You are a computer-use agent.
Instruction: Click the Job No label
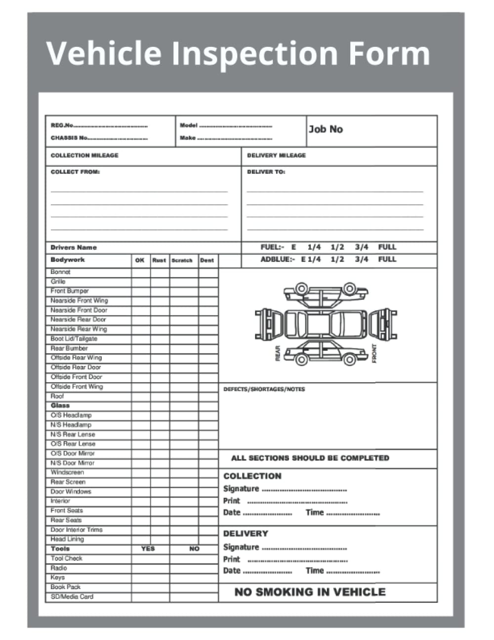[326, 129]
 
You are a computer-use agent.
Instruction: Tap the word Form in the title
[390, 53]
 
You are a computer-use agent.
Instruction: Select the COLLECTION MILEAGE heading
[84, 155]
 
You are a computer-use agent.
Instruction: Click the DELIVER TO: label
[266, 172]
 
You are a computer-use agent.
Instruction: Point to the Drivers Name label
[74, 247]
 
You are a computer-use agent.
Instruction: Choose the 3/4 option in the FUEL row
[362, 247]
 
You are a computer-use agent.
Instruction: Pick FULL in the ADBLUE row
[387, 259]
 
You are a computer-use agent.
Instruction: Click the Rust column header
[159, 260]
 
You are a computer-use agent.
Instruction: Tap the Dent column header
[207, 260]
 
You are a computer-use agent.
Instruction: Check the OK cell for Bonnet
[141, 272]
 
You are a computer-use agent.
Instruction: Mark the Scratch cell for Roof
[184, 396]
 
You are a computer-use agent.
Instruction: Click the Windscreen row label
[67, 472]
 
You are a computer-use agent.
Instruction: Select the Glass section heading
[60, 406]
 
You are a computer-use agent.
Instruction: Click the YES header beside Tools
[148, 549]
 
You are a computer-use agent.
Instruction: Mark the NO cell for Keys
[194, 577]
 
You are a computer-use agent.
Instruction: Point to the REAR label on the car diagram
[278, 353]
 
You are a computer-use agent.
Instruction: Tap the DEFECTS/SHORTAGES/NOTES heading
[264, 389]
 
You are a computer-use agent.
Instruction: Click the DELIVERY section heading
[246, 534]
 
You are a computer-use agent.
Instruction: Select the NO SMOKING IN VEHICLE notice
[310, 592]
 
